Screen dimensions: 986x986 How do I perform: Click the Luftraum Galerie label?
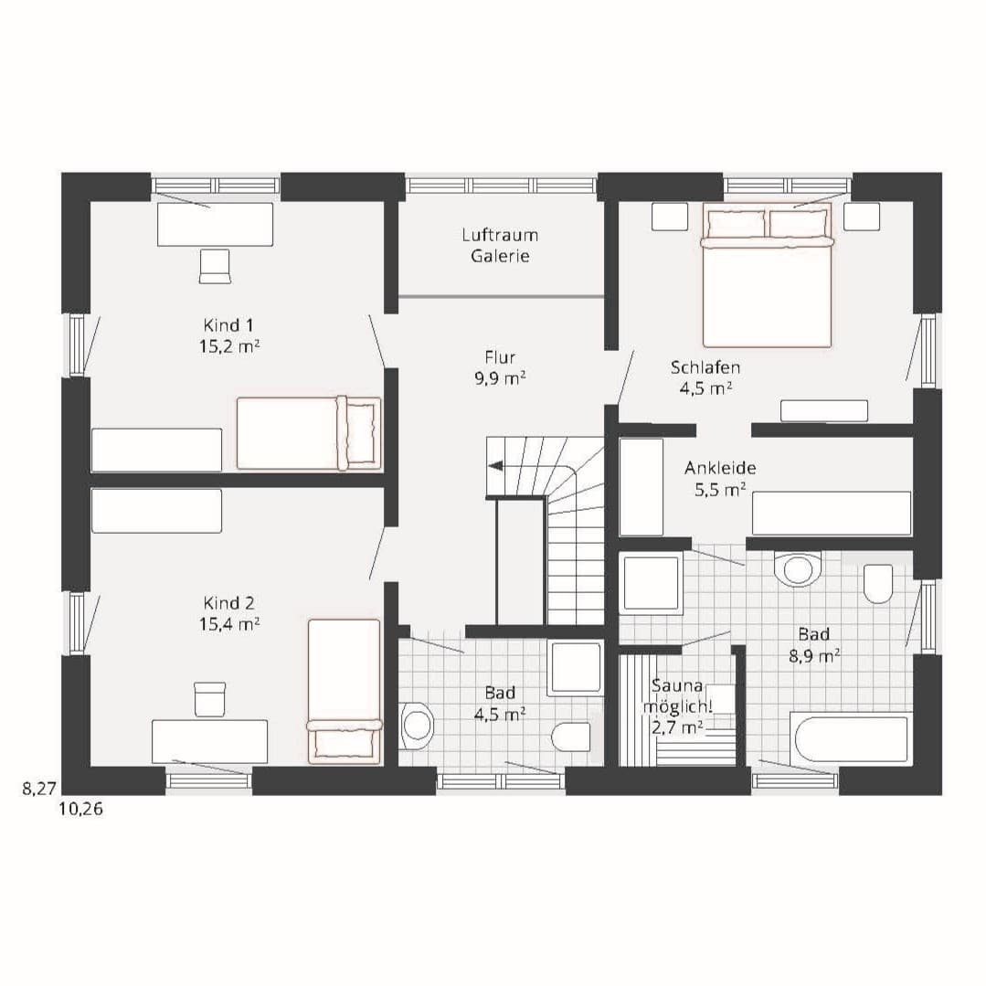500,245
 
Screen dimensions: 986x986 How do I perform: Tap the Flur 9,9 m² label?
500,368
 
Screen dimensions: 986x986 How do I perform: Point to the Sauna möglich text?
676,695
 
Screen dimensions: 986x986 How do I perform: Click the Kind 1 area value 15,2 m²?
229,346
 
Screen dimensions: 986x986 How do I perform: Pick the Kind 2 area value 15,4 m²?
229,624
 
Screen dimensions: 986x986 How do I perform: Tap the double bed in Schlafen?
768,275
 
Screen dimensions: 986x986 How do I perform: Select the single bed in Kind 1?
309,432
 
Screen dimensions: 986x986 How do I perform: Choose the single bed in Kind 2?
345,691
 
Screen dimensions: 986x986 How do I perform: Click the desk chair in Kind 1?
215,266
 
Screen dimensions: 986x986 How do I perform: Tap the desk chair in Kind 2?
210,699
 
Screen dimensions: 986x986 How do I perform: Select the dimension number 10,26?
80,809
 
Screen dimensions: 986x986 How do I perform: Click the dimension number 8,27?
39,788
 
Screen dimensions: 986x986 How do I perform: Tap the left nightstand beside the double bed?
670,217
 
